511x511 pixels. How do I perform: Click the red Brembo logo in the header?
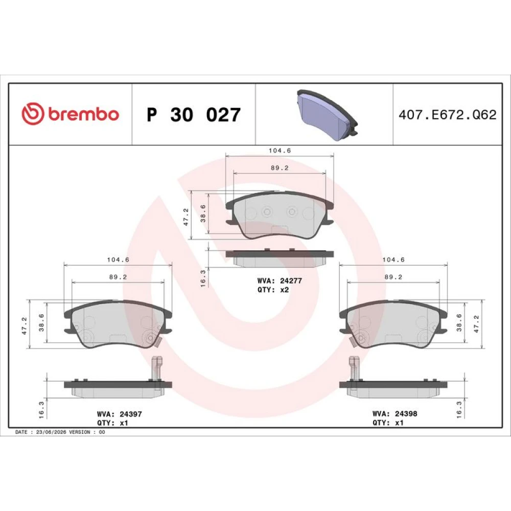coord(70,114)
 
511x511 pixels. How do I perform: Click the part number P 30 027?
coord(194,114)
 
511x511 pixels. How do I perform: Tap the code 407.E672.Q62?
coord(448,114)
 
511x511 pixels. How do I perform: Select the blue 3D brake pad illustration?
coord(327,115)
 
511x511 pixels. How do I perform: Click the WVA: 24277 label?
coord(280,281)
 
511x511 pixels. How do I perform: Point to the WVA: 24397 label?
coord(119,414)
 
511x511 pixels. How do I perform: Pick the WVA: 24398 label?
coord(394,413)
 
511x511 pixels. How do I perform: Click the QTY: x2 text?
coord(273,290)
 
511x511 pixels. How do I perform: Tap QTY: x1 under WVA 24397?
coord(112,423)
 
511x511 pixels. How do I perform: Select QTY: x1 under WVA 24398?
coord(388,423)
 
